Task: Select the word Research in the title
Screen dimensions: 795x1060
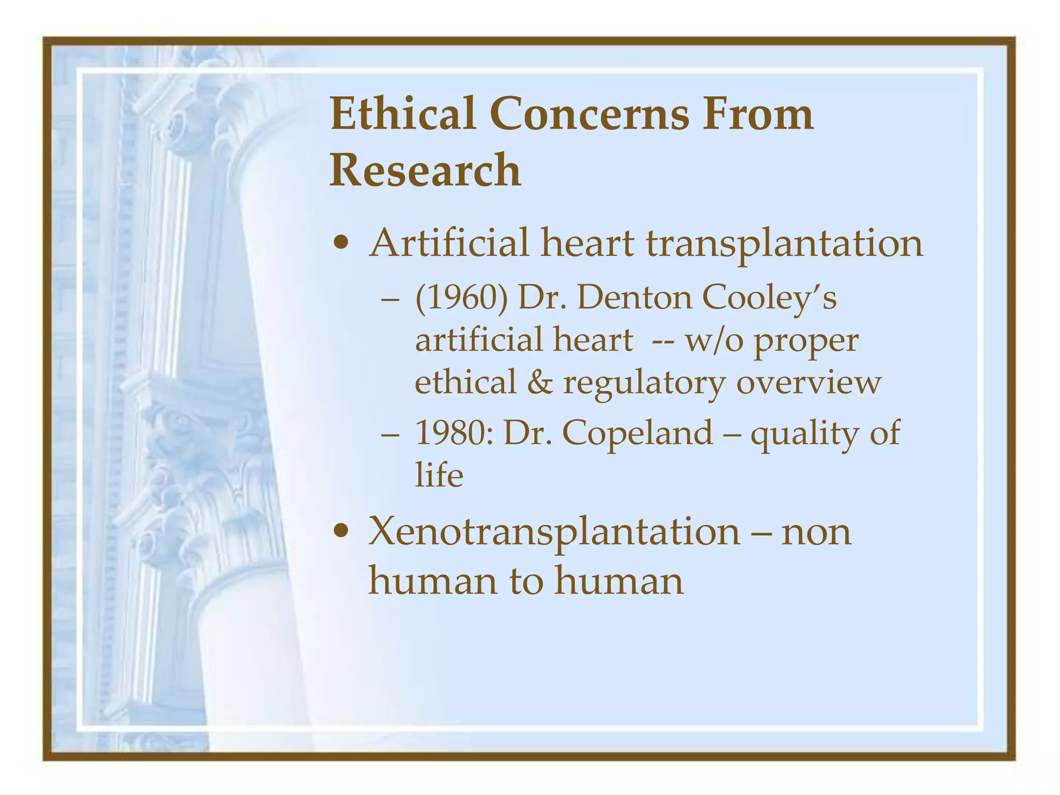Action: pos(425,170)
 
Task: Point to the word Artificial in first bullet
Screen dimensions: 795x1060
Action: pos(449,243)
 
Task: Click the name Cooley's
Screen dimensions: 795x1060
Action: pos(769,299)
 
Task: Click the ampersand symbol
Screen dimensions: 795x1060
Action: pos(540,382)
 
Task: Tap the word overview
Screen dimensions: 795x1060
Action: pos(808,382)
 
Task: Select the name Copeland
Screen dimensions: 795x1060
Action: pos(637,434)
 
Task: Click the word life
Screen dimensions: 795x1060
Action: pos(439,475)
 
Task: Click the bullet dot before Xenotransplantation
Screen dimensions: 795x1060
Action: pos(341,531)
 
